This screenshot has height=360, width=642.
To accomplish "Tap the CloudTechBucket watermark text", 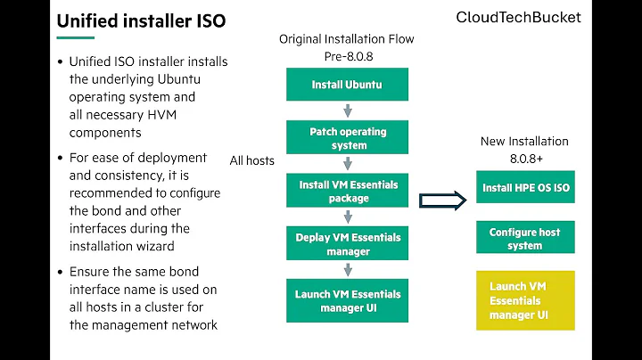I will (x=518, y=17).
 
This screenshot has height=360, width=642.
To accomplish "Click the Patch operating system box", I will (x=348, y=138).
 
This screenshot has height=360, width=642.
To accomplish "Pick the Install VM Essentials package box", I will (x=348, y=191).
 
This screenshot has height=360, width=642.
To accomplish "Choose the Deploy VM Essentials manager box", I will (x=348, y=244).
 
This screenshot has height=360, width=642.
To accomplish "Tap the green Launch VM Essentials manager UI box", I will (x=348, y=300).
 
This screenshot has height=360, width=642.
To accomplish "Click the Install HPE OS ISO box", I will (x=525, y=188).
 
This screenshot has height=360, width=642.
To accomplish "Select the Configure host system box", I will (x=525, y=239).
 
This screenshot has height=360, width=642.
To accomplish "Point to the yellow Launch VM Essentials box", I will (x=525, y=300).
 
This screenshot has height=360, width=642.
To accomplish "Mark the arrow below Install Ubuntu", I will (x=348, y=111).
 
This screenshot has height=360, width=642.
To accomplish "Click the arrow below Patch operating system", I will (x=348, y=164).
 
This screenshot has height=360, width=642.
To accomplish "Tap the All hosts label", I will (x=252, y=160).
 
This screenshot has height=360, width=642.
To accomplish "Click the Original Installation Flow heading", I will (x=346, y=39).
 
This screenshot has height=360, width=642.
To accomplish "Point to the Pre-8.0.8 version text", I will (x=346, y=56).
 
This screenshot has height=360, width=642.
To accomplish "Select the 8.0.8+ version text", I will (x=525, y=158).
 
